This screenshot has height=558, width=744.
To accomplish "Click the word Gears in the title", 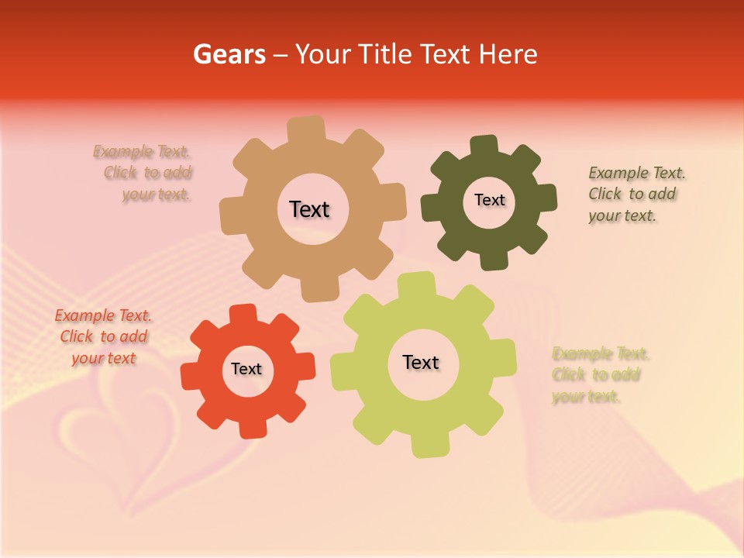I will (229, 54).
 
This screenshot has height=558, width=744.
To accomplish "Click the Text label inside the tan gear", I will (309, 209).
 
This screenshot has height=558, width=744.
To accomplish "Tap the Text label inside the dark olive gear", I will (489, 200).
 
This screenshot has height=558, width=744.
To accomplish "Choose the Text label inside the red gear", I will (246, 369).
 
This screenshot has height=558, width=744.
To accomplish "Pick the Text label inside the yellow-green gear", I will (421, 362).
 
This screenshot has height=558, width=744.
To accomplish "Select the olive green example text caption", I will (636, 194).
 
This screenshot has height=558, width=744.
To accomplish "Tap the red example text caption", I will (103, 336).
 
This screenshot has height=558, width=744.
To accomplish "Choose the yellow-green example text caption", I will (600, 375).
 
